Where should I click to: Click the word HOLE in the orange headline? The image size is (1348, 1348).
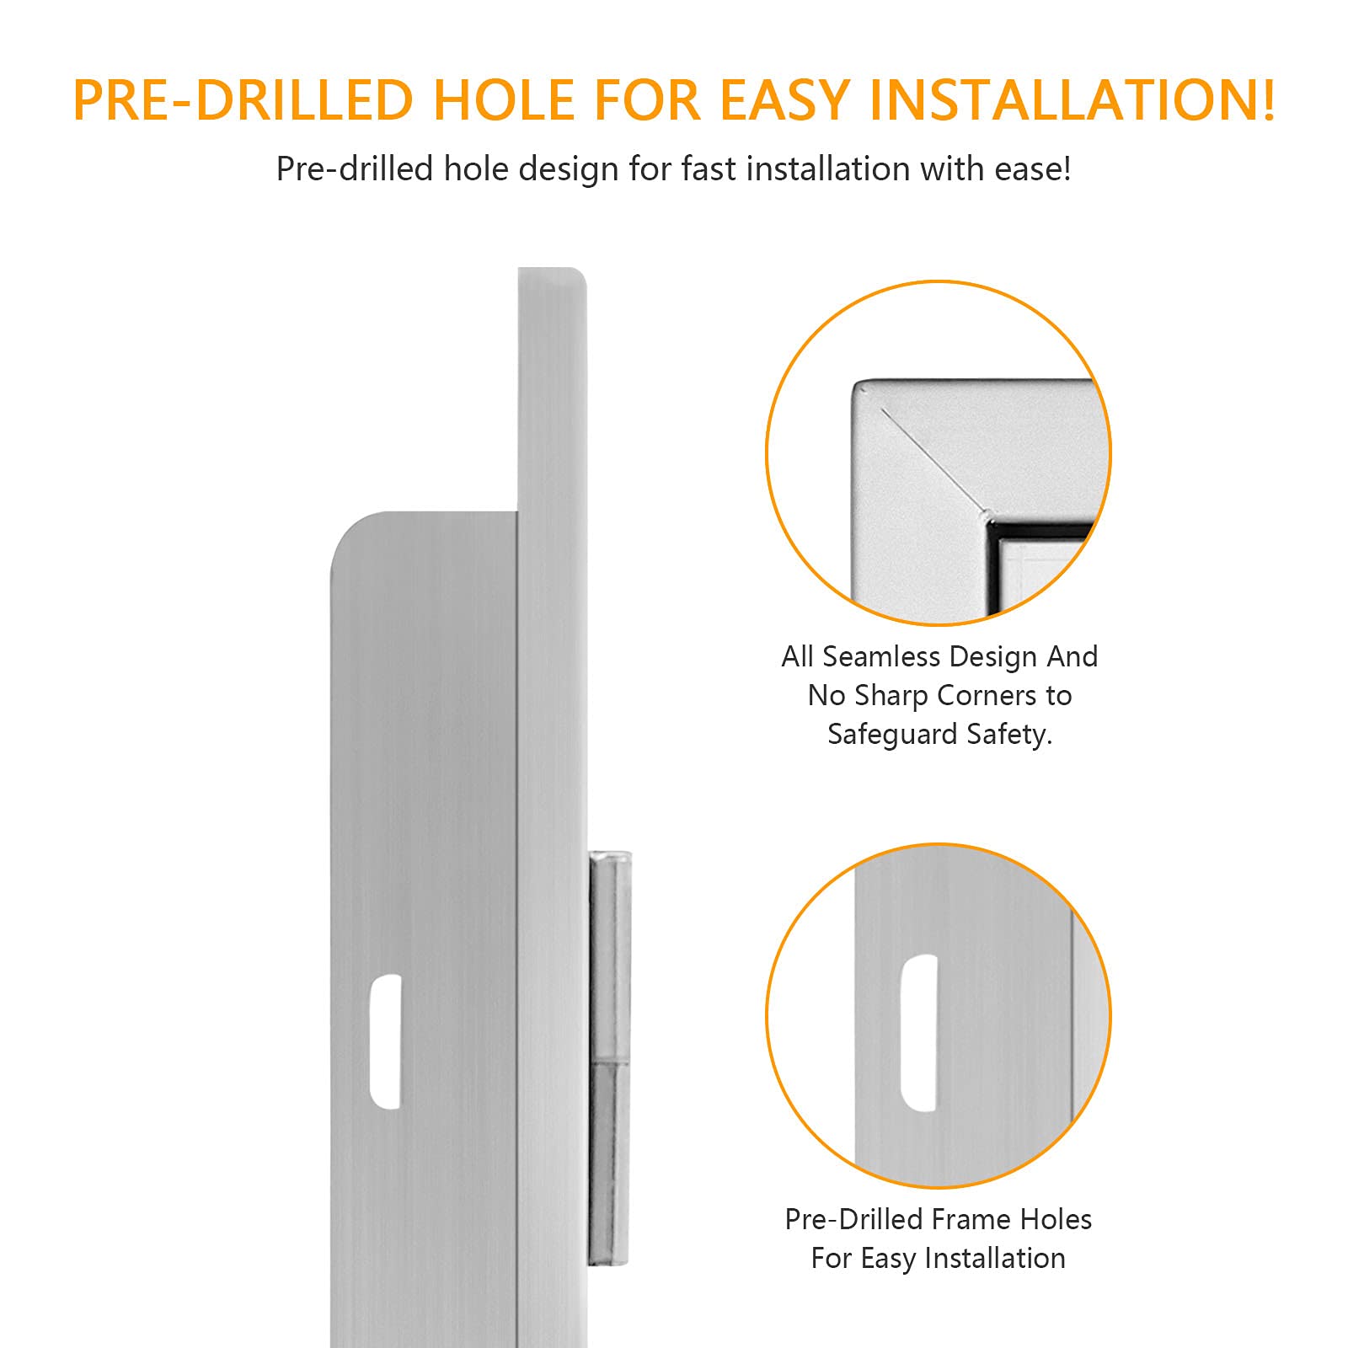pyautogui.click(x=503, y=100)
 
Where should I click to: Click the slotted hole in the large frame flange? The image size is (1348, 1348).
pyautogui.click(x=386, y=1041)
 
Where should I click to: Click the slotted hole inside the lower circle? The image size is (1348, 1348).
pyautogui.click(x=919, y=1033)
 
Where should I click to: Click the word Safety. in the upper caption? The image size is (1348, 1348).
pyautogui.click(x=1009, y=735)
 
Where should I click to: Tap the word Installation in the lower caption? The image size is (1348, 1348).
pyautogui.click(x=995, y=1259)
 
